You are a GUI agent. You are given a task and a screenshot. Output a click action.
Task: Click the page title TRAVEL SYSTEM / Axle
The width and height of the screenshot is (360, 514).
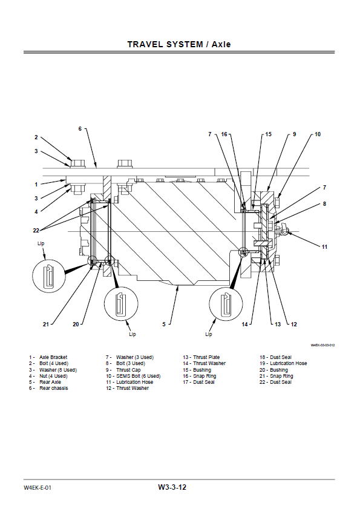(x=179, y=44)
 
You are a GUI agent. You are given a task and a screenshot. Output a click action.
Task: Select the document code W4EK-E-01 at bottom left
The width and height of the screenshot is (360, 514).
(x=38, y=487)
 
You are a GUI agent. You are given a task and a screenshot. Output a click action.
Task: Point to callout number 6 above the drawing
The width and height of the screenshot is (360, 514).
(x=79, y=129)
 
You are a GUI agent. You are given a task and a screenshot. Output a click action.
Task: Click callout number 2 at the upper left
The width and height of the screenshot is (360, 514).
(x=36, y=137)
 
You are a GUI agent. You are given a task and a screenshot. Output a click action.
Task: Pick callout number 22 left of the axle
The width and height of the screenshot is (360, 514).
(x=36, y=230)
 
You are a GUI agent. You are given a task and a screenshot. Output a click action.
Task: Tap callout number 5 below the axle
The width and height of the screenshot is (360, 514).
(x=163, y=325)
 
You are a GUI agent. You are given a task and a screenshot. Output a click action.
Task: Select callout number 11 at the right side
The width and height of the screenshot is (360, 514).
(x=324, y=246)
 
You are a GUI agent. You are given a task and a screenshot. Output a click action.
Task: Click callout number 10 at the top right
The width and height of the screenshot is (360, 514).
(x=318, y=134)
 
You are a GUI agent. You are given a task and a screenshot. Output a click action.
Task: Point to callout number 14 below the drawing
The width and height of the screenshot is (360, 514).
(x=245, y=325)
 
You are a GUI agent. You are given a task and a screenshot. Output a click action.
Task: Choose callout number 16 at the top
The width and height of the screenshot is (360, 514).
(x=224, y=134)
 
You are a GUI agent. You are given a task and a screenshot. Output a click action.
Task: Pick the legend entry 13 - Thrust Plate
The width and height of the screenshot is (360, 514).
(x=201, y=357)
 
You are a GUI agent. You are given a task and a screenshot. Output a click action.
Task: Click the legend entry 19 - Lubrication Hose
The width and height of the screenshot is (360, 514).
(x=283, y=363)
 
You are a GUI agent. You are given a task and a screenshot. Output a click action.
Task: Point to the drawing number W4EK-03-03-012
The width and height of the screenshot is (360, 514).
(x=322, y=345)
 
